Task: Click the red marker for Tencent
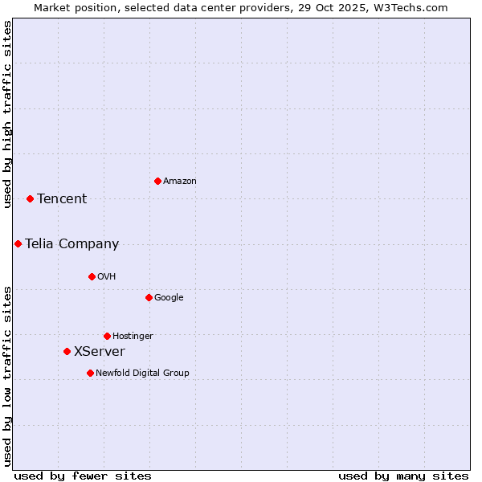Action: click(x=30, y=198)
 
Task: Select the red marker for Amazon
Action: click(x=157, y=181)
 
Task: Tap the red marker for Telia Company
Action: click(x=18, y=243)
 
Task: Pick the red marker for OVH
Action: click(x=92, y=276)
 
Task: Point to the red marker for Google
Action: click(x=149, y=297)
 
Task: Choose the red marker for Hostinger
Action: click(x=107, y=336)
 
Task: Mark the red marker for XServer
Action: click(x=67, y=351)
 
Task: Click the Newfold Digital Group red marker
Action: click(x=90, y=373)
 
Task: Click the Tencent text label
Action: click(x=62, y=199)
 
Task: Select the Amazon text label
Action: click(x=180, y=182)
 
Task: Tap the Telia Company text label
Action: click(x=71, y=244)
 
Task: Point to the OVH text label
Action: click(x=107, y=277)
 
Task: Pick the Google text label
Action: click(x=169, y=298)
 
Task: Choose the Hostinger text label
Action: click(x=133, y=337)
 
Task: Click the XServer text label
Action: click(x=100, y=352)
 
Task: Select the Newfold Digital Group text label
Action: click(x=143, y=374)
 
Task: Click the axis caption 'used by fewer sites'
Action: click(x=83, y=476)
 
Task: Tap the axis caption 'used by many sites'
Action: click(x=403, y=476)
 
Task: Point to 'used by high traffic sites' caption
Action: click(x=7, y=114)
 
